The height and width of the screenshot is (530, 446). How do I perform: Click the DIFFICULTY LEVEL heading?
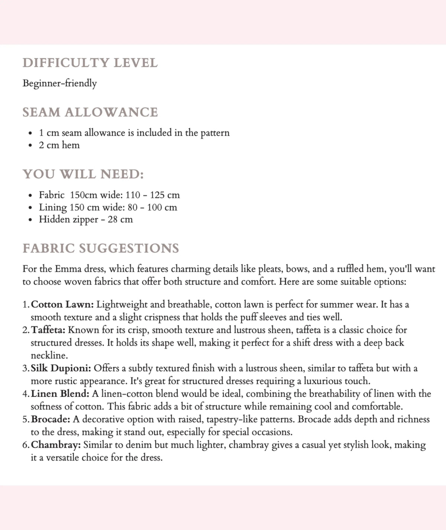click(90, 63)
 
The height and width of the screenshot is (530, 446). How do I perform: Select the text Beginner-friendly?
click(59, 83)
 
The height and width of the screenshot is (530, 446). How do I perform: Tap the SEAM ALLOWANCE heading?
click(90, 112)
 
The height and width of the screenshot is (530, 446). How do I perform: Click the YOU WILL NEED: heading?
click(83, 174)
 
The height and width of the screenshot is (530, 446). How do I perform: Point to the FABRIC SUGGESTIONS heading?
click(101, 248)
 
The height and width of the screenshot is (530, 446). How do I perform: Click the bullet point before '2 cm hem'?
click(30, 145)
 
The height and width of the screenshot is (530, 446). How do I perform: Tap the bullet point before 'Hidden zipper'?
click(30, 220)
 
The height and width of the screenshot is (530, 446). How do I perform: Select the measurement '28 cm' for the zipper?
click(120, 219)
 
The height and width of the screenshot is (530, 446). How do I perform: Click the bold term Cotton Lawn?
click(62, 305)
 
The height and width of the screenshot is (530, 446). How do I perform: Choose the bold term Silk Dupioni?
click(61, 368)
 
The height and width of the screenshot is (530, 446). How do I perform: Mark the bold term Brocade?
click(51, 419)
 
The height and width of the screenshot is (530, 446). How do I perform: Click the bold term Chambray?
click(56, 445)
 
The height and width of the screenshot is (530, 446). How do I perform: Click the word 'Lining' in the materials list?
click(53, 207)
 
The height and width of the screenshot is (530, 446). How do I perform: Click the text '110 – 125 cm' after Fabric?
click(153, 195)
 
